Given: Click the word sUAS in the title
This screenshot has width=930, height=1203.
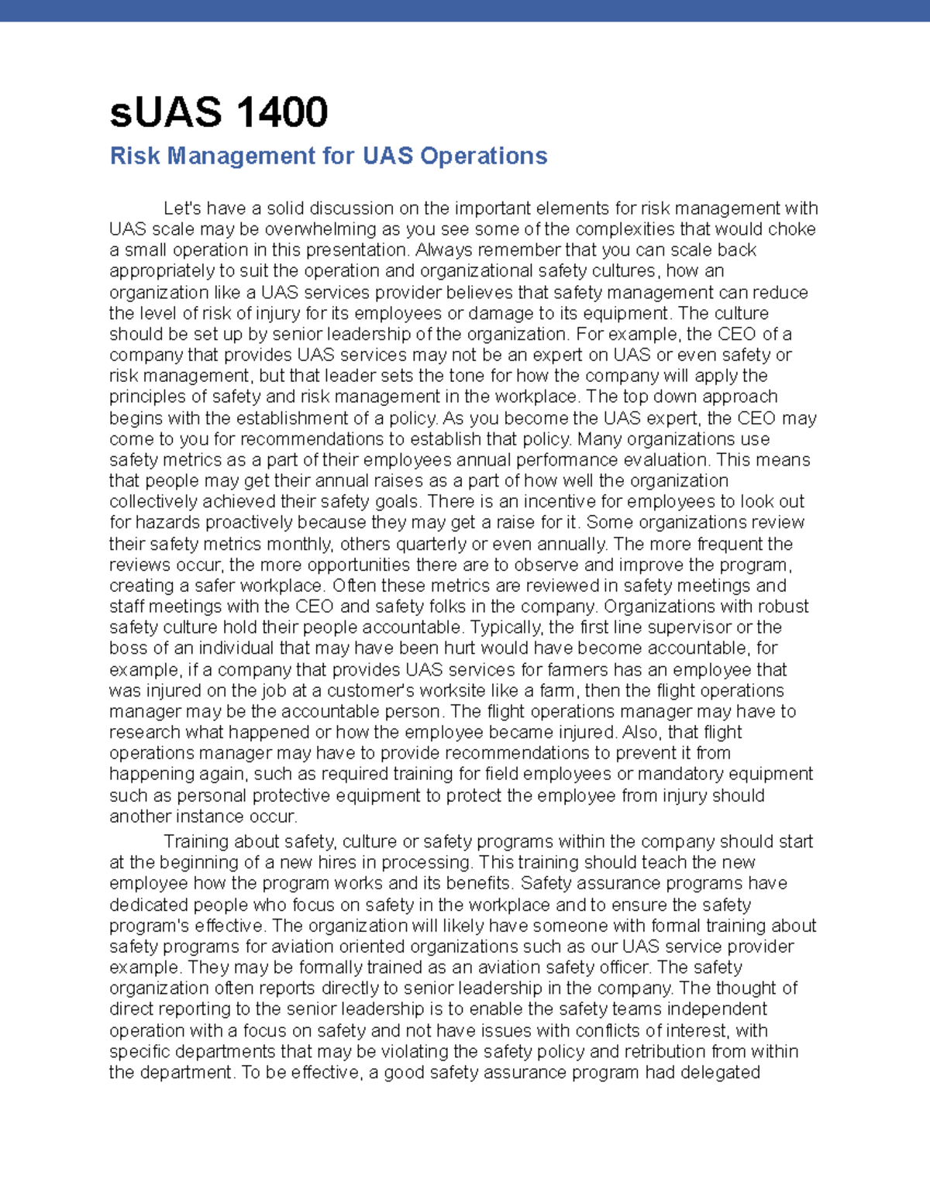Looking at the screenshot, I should pyautogui.click(x=164, y=112).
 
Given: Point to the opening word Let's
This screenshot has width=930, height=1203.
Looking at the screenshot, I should pyautogui.click(x=183, y=208).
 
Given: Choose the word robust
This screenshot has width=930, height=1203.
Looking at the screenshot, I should pyautogui.click(x=783, y=607).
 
